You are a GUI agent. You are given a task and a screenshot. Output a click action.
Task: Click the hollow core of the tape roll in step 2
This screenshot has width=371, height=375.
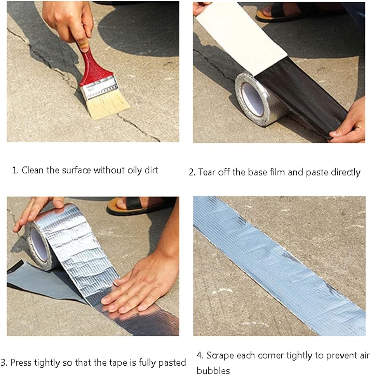click(x=253, y=99)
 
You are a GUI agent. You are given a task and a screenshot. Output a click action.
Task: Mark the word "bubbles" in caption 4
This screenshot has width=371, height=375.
click(x=213, y=370)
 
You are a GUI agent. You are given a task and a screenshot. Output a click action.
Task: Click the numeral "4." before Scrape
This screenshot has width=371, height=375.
click(x=200, y=356)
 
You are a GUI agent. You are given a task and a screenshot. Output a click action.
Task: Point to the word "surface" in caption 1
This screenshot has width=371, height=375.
click(x=77, y=170)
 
